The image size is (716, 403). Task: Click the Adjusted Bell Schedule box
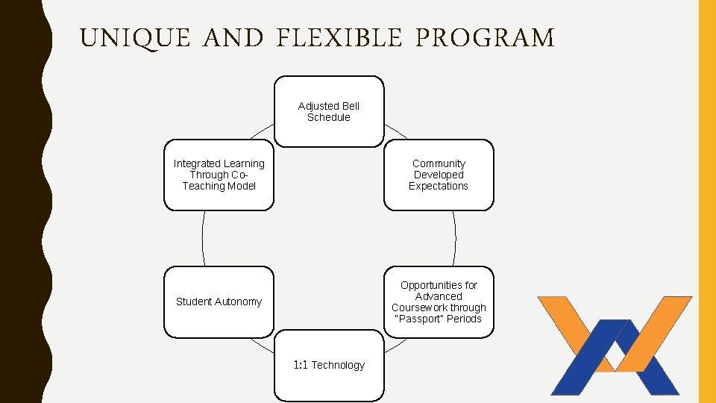click(x=329, y=111)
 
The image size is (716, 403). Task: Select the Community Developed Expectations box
click(x=439, y=175)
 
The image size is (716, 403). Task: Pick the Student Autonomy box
click(x=219, y=302)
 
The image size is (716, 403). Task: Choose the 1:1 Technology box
click(x=329, y=366)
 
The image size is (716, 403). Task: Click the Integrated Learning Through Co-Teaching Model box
click(x=219, y=175)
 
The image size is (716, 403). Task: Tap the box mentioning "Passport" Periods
click(x=439, y=302)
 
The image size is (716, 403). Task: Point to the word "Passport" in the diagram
click(x=418, y=319)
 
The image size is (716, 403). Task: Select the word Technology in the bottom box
click(x=338, y=365)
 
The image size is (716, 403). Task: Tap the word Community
click(x=439, y=163)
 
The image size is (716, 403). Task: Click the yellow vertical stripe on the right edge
click(x=706, y=201)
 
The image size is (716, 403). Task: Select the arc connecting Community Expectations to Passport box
click(x=455, y=238)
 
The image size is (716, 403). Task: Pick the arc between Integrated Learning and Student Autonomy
click(x=203, y=238)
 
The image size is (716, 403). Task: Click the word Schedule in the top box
click(x=329, y=117)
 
